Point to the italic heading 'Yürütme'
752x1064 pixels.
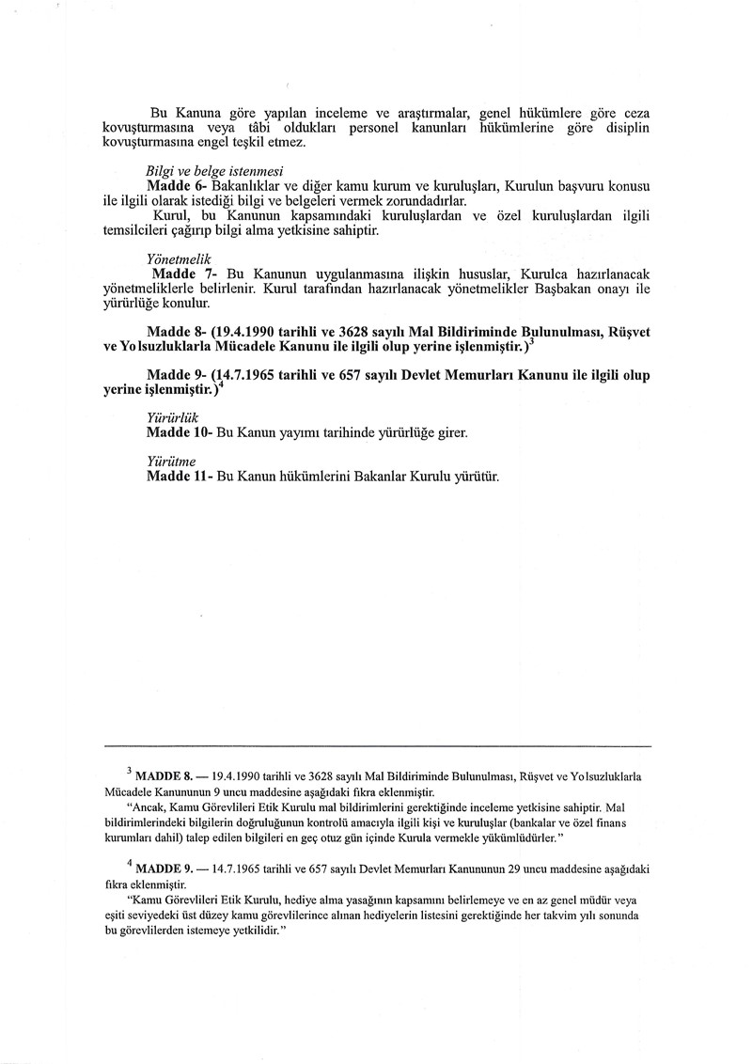pos(171,461)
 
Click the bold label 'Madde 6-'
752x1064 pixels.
pos(177,185)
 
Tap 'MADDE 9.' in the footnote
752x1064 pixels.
pos(164,871)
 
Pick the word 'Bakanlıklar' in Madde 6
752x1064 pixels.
pos(248,185)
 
